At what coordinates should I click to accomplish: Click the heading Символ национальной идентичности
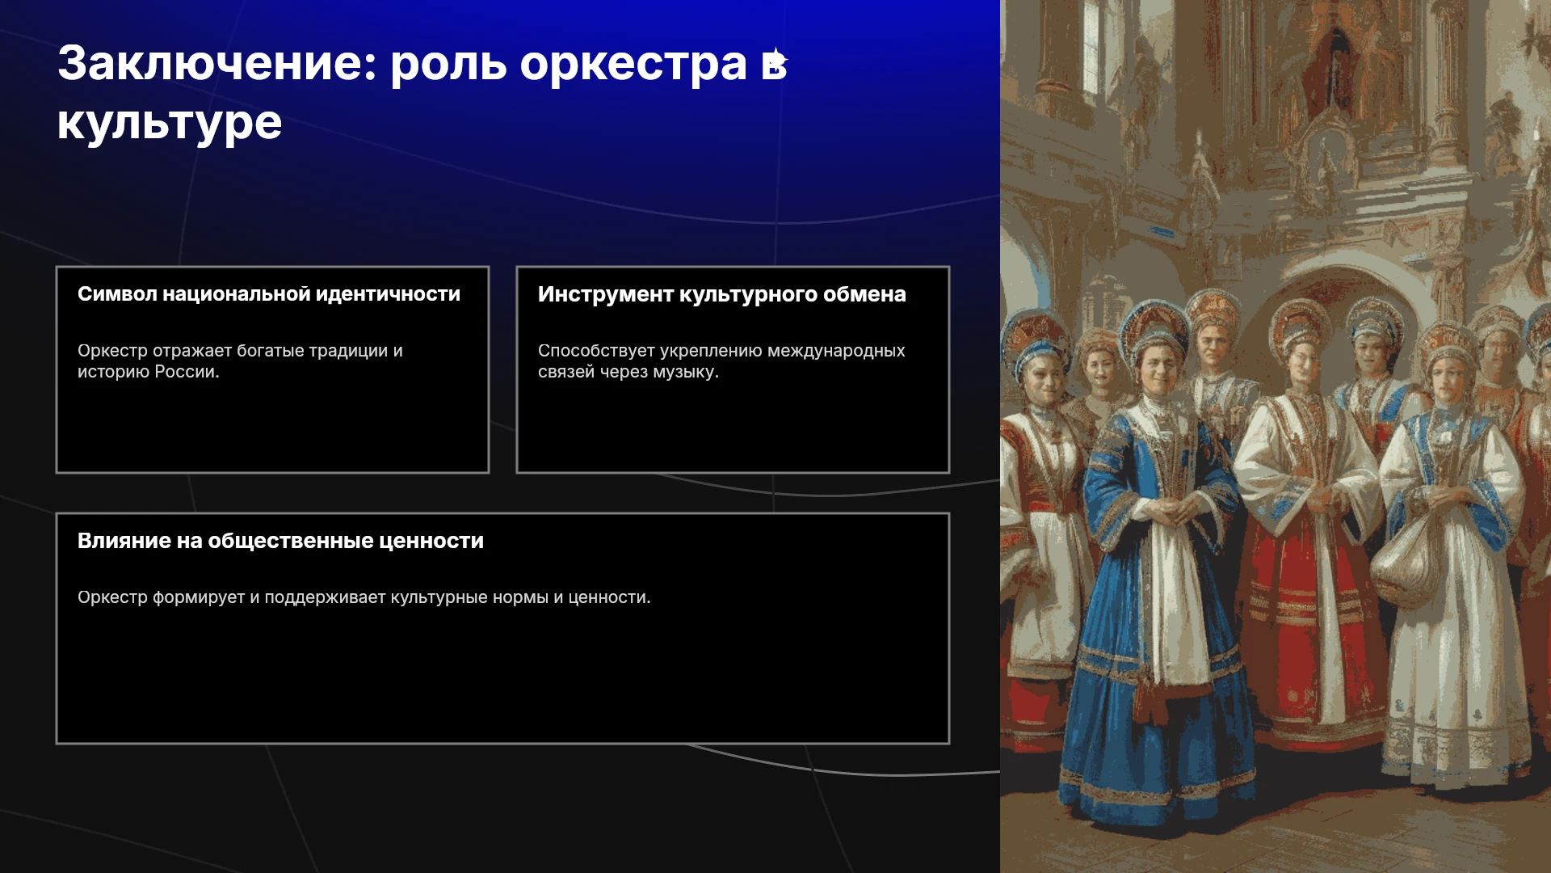pos(269,294)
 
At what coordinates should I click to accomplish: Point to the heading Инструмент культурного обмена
pos(722,294)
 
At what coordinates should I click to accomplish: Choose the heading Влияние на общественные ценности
pos(280,541)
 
